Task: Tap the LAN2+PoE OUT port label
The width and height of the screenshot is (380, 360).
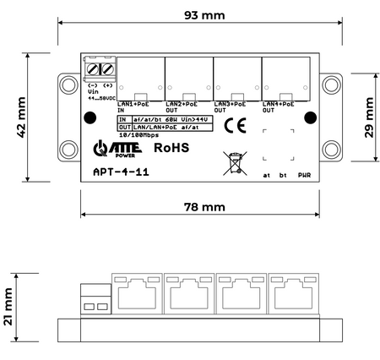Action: (x=182, y=106)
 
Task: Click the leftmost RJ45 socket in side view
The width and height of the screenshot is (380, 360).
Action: (x=137, y=292)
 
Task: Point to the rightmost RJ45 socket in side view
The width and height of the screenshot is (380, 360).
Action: (x=292, y=292)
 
